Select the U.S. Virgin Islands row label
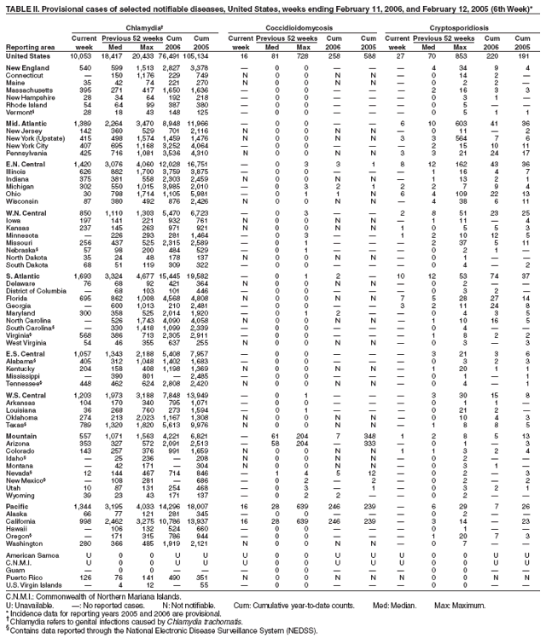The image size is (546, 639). tap(32, 584)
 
